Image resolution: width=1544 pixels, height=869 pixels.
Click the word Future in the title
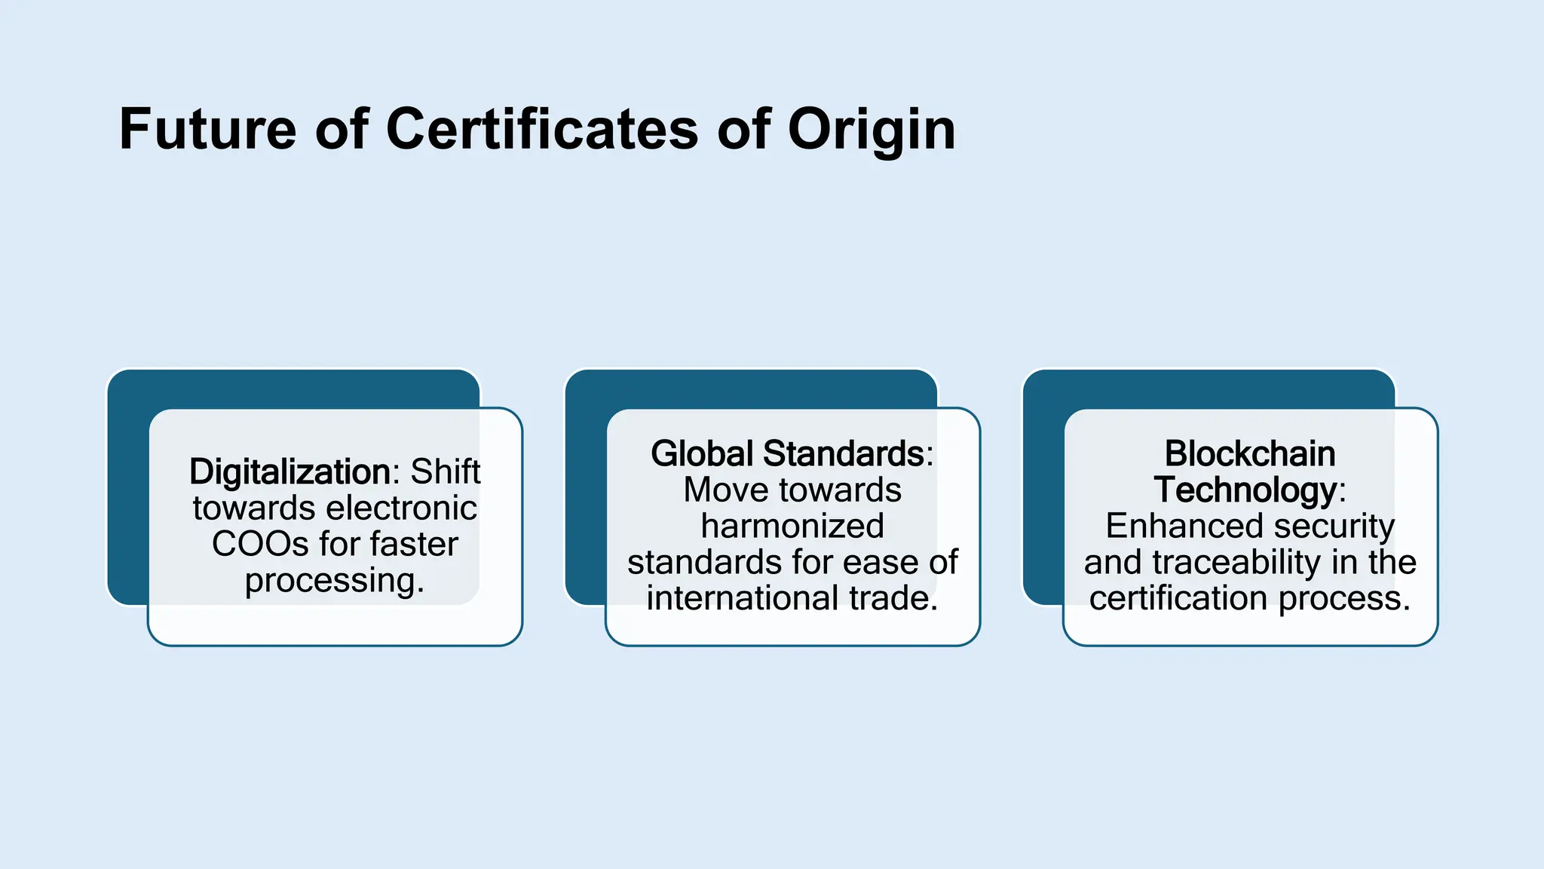[207, 130]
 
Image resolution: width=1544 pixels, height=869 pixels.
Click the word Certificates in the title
[542, 130]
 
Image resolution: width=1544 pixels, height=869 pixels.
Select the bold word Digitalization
[289, 472]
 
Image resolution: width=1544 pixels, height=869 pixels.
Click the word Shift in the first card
[446, 472]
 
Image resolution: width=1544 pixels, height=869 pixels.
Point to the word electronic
[401, 508]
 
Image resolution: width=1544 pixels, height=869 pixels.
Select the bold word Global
[702, 454]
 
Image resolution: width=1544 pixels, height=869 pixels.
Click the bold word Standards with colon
[848, 454]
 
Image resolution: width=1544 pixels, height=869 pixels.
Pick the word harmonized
[792, 527]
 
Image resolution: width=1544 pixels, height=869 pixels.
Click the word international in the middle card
[743, 599]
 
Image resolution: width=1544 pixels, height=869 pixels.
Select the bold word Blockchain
[1250, 454]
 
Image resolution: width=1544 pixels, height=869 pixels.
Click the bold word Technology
[1245, 490]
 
